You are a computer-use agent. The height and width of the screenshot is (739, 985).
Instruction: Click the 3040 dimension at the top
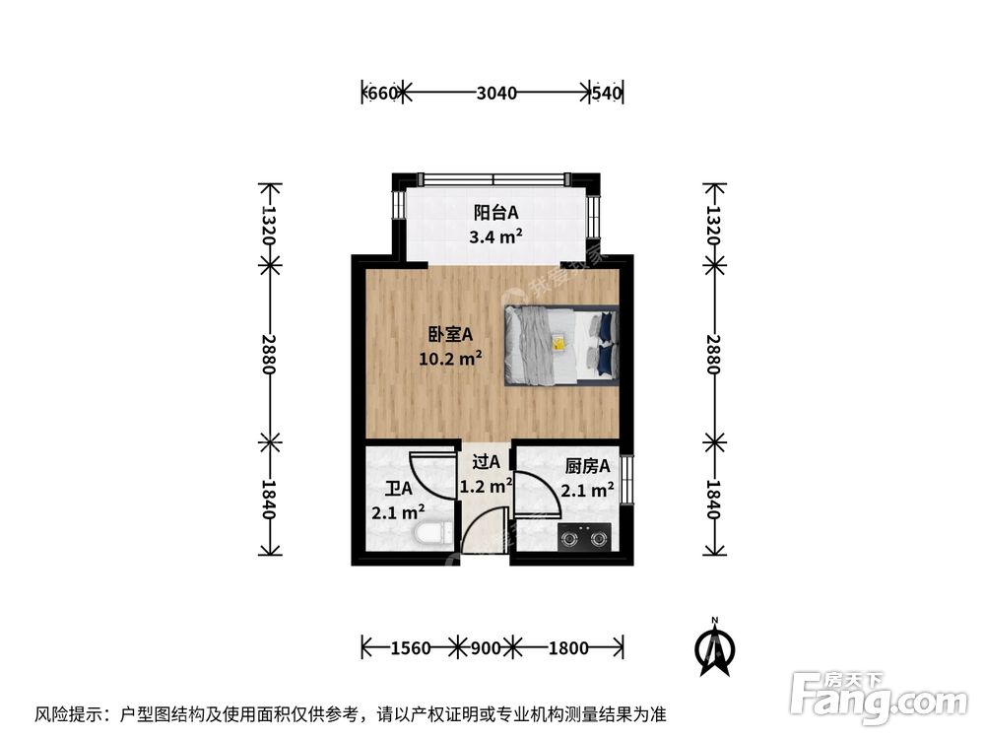(x=496, y=94)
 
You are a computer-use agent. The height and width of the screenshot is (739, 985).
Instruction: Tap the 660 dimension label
(x=381, y=94)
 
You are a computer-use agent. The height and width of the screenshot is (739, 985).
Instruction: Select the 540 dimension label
(x=607, y=94)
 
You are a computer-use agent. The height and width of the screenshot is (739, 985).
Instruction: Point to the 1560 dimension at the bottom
(x=410, y=648)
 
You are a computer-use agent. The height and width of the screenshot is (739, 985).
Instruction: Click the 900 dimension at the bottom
(x=485, y=648)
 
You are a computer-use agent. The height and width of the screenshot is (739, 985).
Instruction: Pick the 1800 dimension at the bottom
(x=567, y=648)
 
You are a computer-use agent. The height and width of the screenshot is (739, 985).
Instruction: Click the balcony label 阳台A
(x=495, y=212)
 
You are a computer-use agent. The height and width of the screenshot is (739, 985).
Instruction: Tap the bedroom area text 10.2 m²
(x=450, y=359)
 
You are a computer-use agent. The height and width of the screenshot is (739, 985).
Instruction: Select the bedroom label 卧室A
(x=450, y=334)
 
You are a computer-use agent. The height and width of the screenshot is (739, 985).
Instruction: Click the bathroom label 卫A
(x=398, y=489)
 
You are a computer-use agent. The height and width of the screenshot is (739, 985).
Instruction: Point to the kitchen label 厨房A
(x=588, y=466)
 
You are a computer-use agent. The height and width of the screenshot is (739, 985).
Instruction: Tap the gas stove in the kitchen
(x=584, y=538)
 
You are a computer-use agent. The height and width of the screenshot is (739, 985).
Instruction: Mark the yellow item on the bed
(x=558, y=344)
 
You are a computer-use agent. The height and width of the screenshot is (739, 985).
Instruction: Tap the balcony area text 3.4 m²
(x=495, y=235)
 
